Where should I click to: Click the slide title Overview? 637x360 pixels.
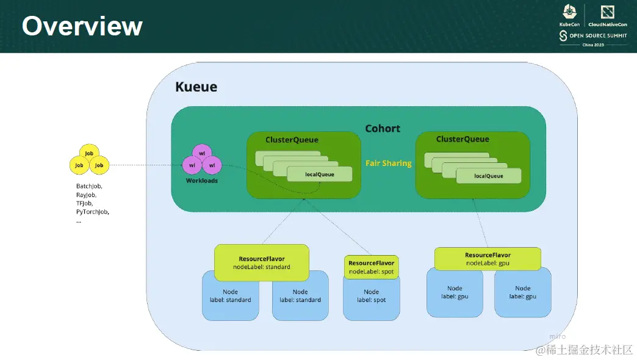tap(82, 26)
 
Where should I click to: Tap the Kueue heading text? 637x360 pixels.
tap(196, 87)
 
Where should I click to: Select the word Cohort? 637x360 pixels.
tap(383, 128)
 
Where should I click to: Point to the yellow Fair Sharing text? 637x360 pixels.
tap(389, 163)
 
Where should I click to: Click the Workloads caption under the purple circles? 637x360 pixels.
tap(202, 181)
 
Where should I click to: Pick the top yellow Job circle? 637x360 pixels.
tap(89, 153)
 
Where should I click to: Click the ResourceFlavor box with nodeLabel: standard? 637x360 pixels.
tap(262, 262)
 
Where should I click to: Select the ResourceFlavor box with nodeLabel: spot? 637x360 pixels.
tap(372, 267)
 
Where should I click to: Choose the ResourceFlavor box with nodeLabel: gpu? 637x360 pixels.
tap(488, 259)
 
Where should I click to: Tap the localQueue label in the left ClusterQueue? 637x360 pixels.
tap(320, 175)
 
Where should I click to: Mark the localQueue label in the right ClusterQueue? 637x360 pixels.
tap(489, 176)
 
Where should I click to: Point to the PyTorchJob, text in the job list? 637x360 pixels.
tap(93, 212)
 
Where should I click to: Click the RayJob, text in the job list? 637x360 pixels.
tap(86, 195)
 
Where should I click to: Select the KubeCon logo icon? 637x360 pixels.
tap(569, 12)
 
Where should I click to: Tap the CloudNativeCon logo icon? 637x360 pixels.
tap(607, 12)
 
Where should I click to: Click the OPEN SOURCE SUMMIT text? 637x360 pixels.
tap(598, 36)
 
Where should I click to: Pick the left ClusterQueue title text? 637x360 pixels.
tap(292, 140)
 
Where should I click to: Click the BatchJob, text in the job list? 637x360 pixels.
tap(89, 186)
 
